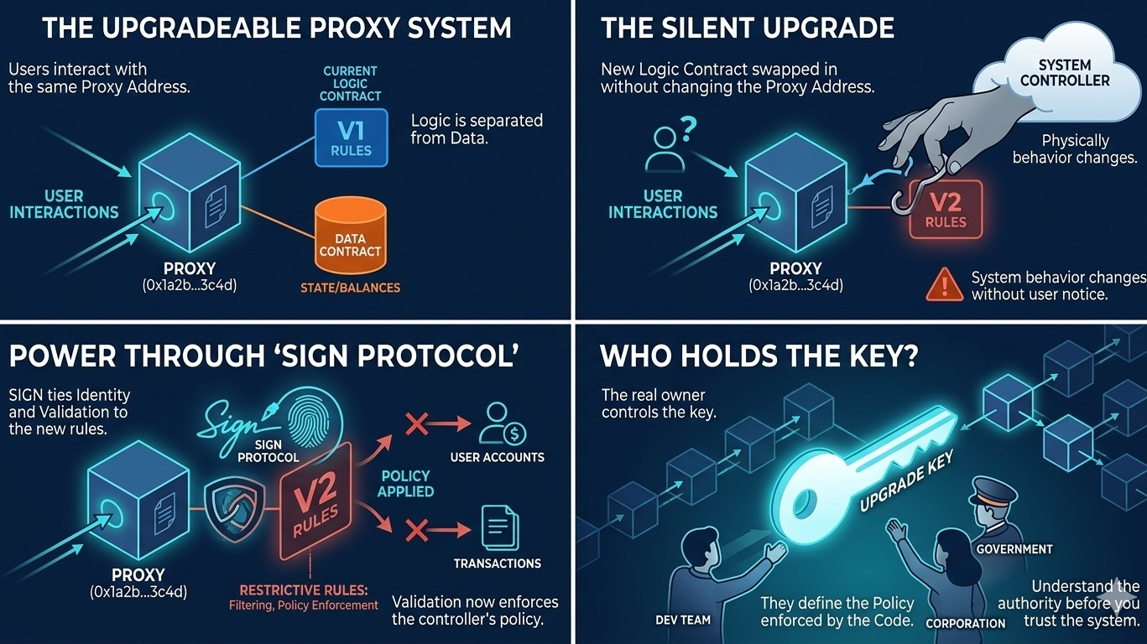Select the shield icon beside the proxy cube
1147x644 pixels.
(x=232, y=508)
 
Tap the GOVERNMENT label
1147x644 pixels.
(x=1014, y=549)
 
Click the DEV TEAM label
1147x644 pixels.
(x=683, y=621)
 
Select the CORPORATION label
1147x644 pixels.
(x=965, y=623)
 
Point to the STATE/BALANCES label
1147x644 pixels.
(x=350, y=288)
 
